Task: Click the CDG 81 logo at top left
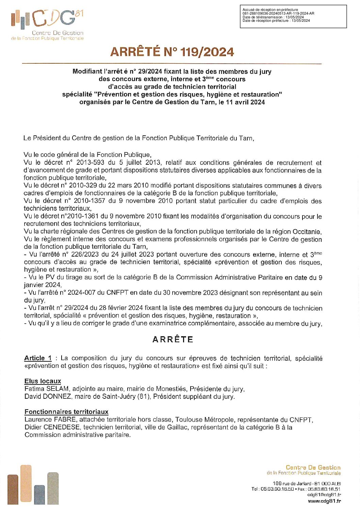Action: coord(47,24)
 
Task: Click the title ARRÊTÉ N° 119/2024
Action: coord(172,52)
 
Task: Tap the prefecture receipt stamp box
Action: coord(293,16)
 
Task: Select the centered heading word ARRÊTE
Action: coord(173,339)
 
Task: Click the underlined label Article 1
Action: coord(38,358)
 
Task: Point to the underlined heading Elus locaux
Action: coord(43,381)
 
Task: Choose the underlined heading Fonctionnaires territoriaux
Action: coord(66,412)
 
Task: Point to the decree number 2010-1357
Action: coord(89,201)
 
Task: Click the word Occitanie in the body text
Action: coord(305,232)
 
